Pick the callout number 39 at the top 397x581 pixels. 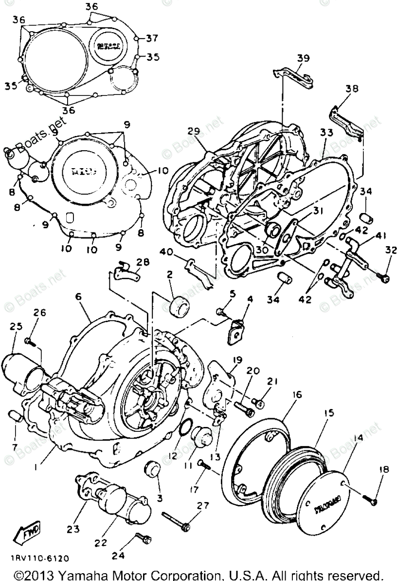pyautogui.click(x=303, y=58)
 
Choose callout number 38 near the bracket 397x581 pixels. pyautogui.click(x=352, y=89)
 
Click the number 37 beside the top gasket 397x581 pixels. pyautogui.click(x=152, y=38)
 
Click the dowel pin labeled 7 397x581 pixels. pyautogui.click(x=15, y=417)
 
